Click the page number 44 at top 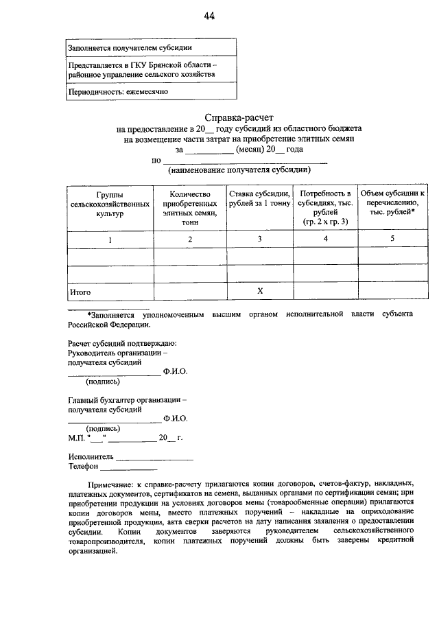[209, 16]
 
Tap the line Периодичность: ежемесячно [117, 91]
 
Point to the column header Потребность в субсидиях [325, 208]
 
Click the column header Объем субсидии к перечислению [392, 204]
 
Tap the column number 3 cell [259, 239]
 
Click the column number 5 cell [392, 239]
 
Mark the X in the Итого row [260, 291]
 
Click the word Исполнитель [91, 455]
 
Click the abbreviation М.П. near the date [76, 437]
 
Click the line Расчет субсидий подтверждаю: [122, 342]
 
